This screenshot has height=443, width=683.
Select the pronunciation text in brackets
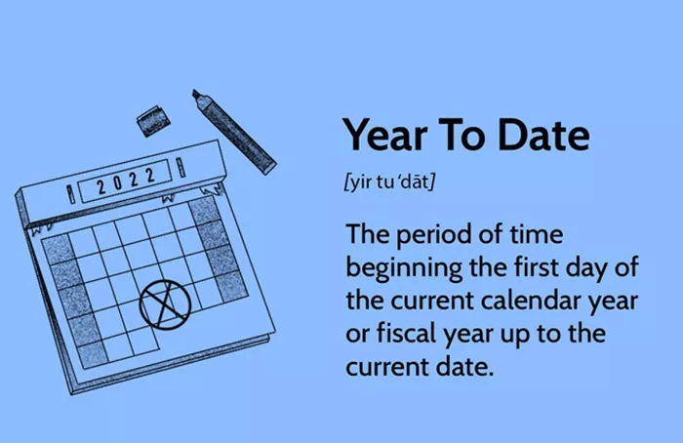click(x=389, y=182)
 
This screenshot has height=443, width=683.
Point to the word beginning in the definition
click(x=404, y=269)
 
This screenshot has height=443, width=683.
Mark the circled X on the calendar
click(x=165, y=304)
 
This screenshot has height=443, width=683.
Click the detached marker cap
click(x=153, y=120)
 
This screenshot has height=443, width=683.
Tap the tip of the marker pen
click(x=195, y=93)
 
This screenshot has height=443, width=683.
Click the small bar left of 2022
click(x=70, y=194)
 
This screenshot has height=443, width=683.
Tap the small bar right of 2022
click(x=181, y=167)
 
